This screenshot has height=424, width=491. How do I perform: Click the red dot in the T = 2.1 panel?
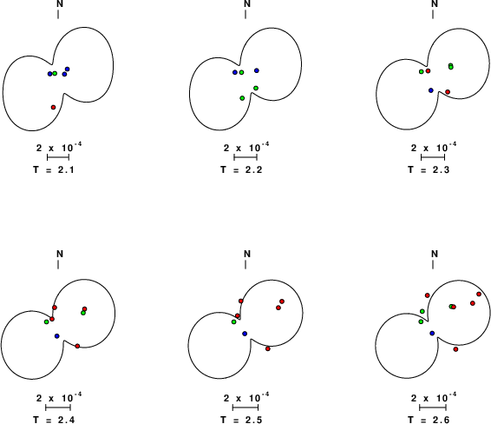53,107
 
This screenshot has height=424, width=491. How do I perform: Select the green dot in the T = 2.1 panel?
55,73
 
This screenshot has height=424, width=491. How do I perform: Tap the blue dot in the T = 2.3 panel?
431,90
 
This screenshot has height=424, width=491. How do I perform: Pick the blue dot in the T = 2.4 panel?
56,336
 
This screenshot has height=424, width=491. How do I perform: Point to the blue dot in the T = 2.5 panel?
245,334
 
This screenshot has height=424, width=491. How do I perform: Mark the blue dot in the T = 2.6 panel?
432,333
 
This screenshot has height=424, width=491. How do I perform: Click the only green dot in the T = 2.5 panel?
233,322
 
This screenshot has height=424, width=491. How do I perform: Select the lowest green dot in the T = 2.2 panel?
242,98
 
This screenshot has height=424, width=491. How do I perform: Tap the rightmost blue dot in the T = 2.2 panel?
257,70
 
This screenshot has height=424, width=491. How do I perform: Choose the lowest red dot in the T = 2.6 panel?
455,349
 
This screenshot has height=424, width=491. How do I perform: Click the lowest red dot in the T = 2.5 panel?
268,348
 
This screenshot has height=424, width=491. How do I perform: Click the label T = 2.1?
54,169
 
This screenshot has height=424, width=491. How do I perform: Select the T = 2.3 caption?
429,169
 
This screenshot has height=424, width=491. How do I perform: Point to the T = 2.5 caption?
241,420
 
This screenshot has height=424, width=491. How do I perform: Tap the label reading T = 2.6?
429,420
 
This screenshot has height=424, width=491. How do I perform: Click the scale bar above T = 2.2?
245,157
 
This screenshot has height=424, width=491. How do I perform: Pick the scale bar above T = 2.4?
58,407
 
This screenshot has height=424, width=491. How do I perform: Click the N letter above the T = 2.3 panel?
435,3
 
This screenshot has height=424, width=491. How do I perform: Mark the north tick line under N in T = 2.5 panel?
245,264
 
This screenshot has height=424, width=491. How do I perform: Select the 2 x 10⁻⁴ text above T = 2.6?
434,398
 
